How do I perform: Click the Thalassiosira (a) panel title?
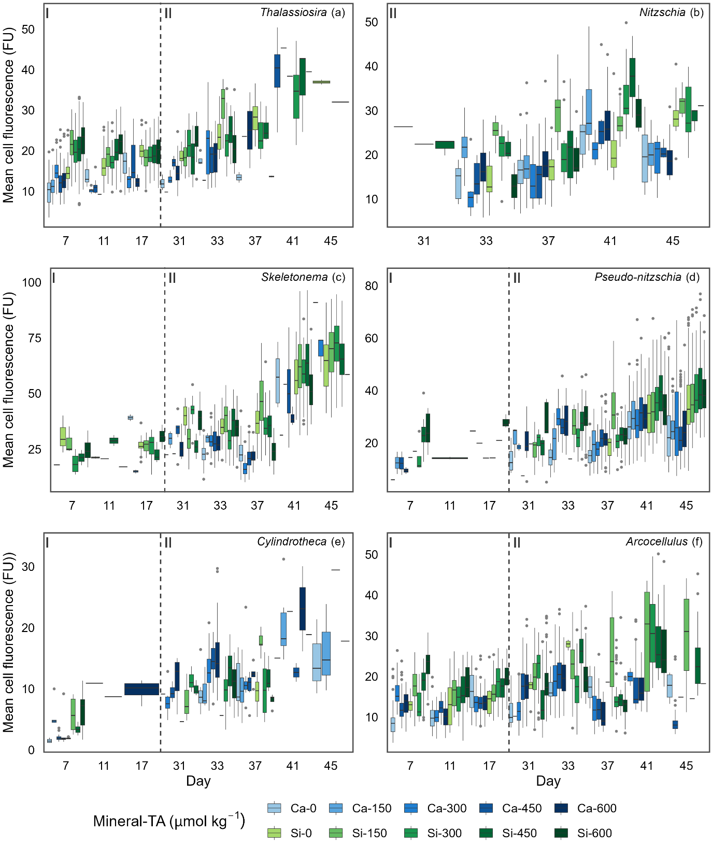pos(302,12)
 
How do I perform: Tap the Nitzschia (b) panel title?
pos(671,12)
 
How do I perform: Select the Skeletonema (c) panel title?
pos(303,277)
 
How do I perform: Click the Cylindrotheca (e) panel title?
pos(301,542)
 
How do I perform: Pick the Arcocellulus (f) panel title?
pos(664,542)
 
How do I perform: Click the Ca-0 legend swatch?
pos(275,808)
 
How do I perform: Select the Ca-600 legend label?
pos(597,808)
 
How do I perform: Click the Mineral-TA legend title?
pos(169,821)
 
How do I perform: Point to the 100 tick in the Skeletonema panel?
pos(32,283)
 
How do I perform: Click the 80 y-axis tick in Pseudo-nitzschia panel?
pos(372,286)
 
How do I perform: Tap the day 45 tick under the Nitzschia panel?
pos(673,241)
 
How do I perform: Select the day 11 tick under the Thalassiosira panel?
pos(104,241)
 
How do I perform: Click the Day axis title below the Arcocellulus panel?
pos(548,781)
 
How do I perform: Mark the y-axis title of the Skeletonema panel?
pos(9,380)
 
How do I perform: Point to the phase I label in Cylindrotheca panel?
pos(47,543)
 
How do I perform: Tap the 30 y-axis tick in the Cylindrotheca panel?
pos(28,567)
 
